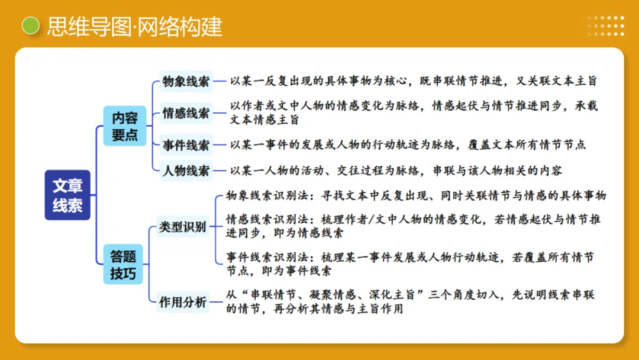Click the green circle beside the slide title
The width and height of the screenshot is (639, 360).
click(30, 25)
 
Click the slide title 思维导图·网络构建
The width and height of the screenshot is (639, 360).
click(134, 27)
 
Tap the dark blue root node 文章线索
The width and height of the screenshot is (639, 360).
click(67, 195)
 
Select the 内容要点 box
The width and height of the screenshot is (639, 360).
click(124, 126)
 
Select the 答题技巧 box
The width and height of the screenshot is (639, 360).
click(123, 265)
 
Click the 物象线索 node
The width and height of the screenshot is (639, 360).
click(186, 82)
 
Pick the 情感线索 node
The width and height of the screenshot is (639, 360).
click(186, 113)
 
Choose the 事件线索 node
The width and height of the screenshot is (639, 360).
click(186, 144)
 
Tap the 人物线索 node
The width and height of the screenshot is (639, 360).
click(186, 171)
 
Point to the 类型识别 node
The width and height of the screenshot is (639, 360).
click(182, 227)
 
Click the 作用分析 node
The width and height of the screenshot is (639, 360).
click(183, 302)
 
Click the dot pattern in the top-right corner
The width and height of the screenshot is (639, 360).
click(606, 26)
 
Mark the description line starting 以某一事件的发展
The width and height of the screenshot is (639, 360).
click(408, 144)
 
